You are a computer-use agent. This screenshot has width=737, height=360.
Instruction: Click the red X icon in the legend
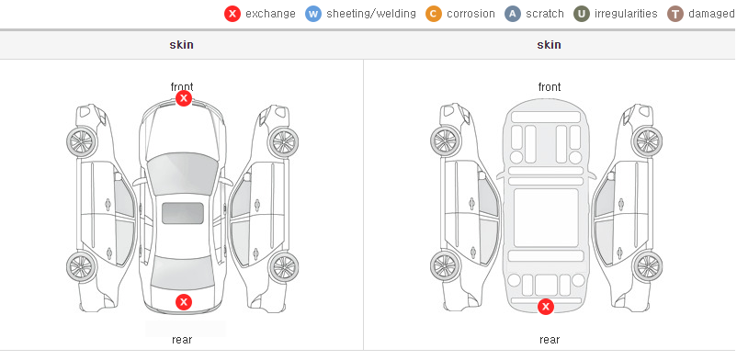click(232, 14)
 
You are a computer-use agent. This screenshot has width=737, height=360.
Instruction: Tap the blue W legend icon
click(313, 14)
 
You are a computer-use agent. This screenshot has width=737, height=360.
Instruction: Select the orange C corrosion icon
click(434, 14)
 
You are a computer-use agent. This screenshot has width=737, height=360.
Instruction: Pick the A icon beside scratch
click(513, 14)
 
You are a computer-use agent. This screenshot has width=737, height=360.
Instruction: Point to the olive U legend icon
click(582, 14)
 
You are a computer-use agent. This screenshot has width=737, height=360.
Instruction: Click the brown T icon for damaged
click(675, 14)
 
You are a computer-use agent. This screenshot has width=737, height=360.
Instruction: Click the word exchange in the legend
click(270, 14)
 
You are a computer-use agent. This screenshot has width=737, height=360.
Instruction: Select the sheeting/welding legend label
click(371, 14)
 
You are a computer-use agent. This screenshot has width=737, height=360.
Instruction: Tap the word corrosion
click(471, 14)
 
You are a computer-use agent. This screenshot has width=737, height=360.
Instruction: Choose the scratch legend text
click(545, 14)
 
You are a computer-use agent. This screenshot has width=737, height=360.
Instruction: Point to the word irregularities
click(626, 14)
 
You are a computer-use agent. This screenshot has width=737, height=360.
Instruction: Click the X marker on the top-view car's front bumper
click(184, 98)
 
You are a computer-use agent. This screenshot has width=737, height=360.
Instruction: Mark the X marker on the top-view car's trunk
click(184, 302)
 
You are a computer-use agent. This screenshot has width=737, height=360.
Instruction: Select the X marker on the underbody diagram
click(546, 307)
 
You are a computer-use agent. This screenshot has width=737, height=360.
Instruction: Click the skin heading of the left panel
click(181, 45)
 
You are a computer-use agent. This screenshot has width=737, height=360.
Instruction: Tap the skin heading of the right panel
click(549, 45)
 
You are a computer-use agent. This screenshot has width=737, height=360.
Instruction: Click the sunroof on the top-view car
click(183, 213)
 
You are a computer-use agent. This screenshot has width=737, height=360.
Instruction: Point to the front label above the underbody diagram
click(550, 87)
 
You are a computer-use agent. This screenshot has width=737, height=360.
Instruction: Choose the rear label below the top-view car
click(182, 340)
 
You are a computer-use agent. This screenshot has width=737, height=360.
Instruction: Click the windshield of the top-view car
click(182, 173)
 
